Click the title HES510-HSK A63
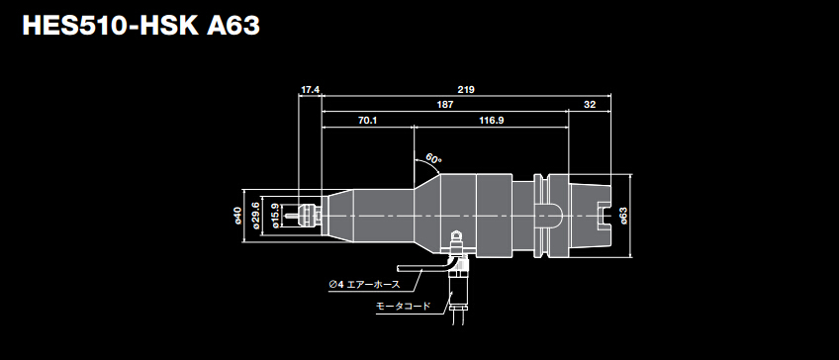click(x=140, y=26)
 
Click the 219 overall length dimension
click(x=466, y=90)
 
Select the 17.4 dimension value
click(x=310, y=90)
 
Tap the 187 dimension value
click(x=445, y=104)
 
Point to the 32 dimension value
click(x=591, y=104)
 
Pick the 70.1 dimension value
click(x=367, y=120)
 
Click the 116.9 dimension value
click(x=492, y=120)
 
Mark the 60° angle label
click(x=433, y=158)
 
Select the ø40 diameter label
click(x=238, y=215)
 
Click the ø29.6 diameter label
click(x=255, y=215)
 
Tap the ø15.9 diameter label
click(x=274, y=215)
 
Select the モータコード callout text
click(x=403, y=307)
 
